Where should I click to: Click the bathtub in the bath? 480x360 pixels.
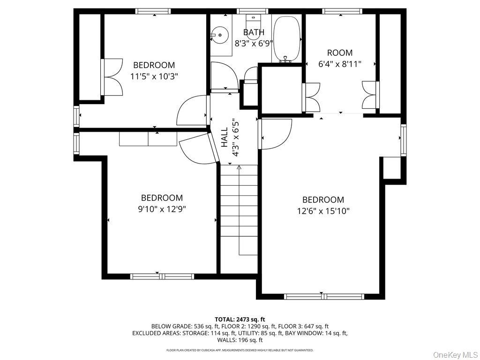point(287,39)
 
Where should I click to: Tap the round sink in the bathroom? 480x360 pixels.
point(220,35)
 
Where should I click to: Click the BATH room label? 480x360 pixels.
point(254,32)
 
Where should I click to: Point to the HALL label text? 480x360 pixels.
point(225,137)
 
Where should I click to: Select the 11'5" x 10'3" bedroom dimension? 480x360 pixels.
point(154,76)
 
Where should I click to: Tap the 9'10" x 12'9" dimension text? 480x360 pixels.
point(162,209)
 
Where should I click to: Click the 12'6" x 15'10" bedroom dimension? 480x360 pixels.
point(323,211)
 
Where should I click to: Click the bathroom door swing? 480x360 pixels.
point(224,76)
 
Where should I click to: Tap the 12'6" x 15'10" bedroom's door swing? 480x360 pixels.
point(276,134)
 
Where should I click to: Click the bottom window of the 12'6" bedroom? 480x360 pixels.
point(324,296)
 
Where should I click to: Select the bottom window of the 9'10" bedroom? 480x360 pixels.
point(162,277)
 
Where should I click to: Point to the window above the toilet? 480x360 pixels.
point(253,11)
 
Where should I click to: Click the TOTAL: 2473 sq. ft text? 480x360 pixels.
point(240,320)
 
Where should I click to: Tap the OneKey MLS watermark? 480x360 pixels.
point(456,355)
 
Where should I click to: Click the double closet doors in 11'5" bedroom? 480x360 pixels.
point(112,77)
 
